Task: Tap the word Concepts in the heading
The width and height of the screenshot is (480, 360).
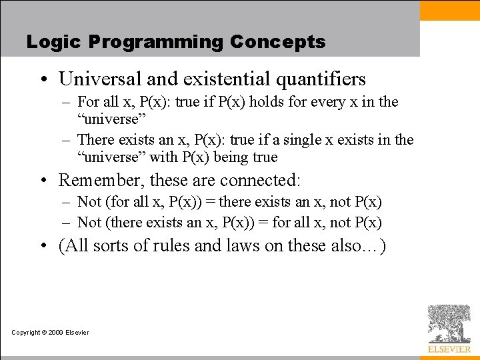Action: [x=277, y=42]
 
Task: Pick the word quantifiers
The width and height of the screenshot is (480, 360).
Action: [x=327, y=79]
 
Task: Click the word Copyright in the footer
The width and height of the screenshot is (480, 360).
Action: [x=27, y=333]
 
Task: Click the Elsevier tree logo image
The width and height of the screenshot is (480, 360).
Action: [x=449, y=324]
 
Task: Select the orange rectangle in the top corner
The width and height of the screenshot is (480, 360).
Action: [x=449, y=10]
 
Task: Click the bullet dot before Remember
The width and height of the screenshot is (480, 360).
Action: [x=44, y=181]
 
